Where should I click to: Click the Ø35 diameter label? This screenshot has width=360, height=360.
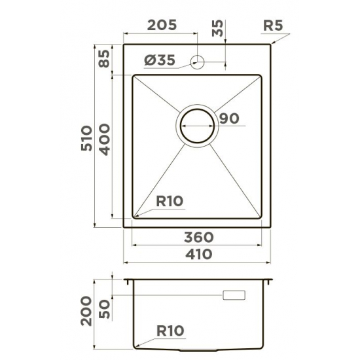[x=159, y=61]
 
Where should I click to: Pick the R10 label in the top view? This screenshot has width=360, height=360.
[x=170, y=202]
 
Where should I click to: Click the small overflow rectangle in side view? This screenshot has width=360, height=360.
[x=234, y=296]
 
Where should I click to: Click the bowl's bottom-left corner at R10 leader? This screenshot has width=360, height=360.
[x=135, y=216]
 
